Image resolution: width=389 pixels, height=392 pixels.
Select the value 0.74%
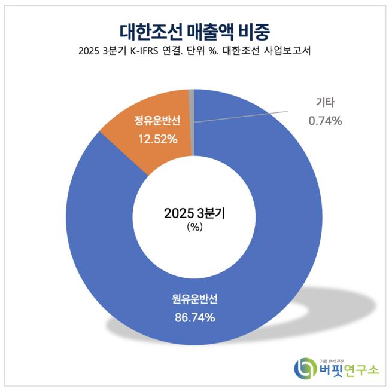[325, 121]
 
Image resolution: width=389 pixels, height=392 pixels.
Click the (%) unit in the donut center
[194, 227]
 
